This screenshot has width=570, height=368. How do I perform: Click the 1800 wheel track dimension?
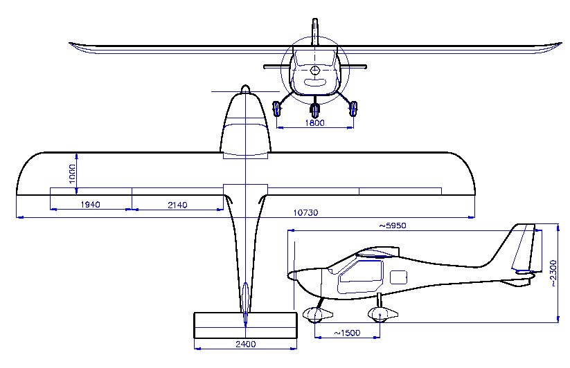(x=315, y=122)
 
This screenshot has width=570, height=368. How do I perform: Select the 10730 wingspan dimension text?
(x=305, y=212)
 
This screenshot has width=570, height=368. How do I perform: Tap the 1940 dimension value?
(x=90, y=205)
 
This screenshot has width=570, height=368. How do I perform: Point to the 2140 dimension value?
(x=177, y=205)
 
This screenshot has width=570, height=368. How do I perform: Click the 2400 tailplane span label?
(x=246, y=344)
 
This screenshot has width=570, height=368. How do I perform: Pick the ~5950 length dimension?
(x=393, y=226)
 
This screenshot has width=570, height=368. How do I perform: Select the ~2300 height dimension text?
(x=553, y=273)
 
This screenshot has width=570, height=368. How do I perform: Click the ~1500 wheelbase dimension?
(x=347, y=333)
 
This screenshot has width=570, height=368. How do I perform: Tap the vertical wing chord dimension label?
(x=72, y=174)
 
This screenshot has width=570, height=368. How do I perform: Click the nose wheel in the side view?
(x=315, y=315)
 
